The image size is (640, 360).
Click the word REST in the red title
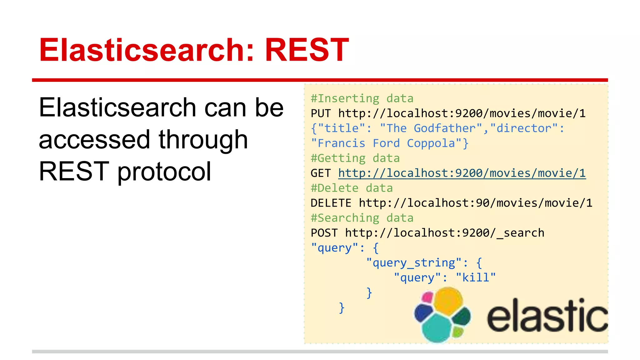click(307, 50)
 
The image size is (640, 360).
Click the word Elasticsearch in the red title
click(142, 50)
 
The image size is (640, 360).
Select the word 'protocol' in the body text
click(164, 172)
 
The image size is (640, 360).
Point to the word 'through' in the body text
click(203, 140)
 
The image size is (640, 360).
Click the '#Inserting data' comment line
click(362, 98)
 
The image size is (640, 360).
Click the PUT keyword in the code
click(321, 113)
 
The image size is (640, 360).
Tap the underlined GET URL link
click(462, 173)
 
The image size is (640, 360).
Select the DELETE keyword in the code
click(331, 203)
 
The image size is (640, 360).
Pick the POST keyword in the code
click(324, 233)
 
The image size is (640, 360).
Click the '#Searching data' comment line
click(362, 218)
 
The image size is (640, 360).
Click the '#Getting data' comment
click(355, 158)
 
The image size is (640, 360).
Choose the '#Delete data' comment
click(352, 188)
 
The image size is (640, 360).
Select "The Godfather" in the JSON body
click(431, 128)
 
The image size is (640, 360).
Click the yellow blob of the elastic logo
click(447, 301)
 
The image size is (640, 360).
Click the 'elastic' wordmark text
click(547, 316)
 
